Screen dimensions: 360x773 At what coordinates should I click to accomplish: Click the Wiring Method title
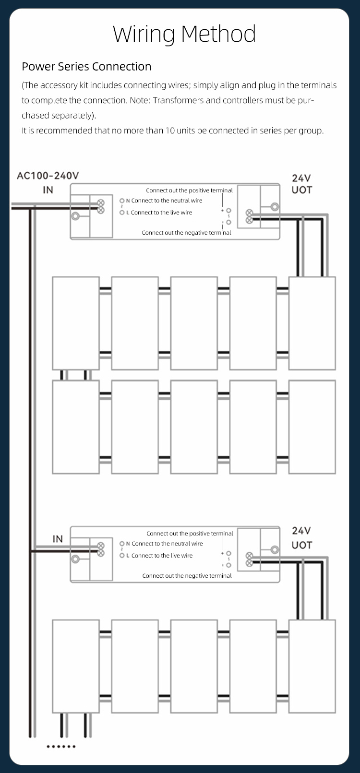click(x=184, y=34)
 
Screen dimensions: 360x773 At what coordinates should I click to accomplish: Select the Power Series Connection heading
click(x=86, y=66)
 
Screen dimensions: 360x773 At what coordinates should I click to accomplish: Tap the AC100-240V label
click(x=48, y=176)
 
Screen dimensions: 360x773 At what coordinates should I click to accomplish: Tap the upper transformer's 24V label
click(x=301, y=178)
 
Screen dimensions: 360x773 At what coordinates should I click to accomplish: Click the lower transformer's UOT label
click(x=301, y=545)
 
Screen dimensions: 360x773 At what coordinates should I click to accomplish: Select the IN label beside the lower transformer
click(x=58, y=539)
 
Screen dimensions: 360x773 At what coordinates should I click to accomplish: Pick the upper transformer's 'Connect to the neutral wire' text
click(x=167, y=201)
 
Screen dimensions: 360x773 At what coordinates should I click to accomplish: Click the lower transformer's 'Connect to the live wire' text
click(x=162, y=556)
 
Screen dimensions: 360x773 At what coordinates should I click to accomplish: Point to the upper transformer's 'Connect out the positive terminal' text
click(x=189, y=190)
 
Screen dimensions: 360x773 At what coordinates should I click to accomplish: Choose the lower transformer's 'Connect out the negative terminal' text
click(x=187, y=576)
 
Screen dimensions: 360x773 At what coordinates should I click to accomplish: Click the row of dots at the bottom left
click(x=61, y=747)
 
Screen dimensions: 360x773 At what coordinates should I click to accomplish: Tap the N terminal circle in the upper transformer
click(x=122, y=201)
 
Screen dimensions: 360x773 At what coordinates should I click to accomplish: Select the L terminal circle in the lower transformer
click(x=122, y=556)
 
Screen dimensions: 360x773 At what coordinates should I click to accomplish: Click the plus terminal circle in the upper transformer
click(x=228, y=211)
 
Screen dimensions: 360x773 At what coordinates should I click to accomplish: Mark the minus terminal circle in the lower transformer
click(x=228, y=565)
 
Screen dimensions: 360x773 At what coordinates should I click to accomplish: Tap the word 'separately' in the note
click(x=71, y=116)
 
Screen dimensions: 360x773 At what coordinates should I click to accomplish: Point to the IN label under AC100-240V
click(x=48, y=190)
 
